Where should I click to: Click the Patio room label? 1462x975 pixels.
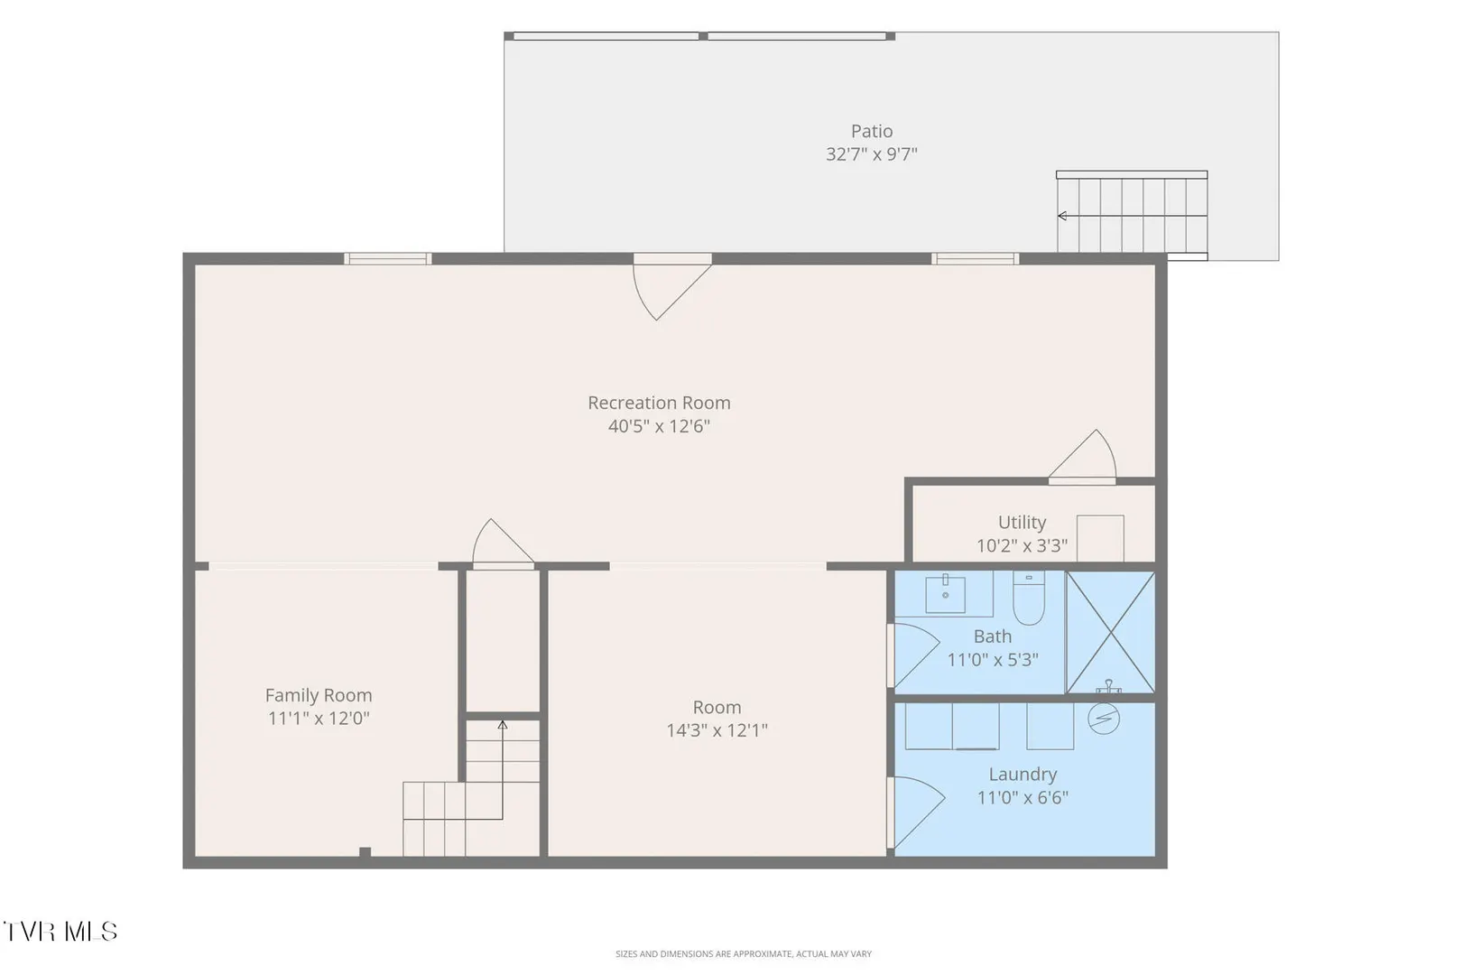[x=871, y=131]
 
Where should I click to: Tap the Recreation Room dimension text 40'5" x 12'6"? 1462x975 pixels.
[x=659, y=426]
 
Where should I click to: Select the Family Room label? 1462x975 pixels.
[x=319, y=695]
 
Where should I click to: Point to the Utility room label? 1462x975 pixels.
[x=1022, y=523]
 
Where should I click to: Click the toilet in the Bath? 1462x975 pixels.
[x=1029, y=598]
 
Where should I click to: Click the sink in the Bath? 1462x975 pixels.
[x=945, y=593]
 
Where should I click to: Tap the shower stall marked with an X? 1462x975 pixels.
[x=1110, y=632]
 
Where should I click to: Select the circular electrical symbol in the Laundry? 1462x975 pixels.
[x=1104, y=719]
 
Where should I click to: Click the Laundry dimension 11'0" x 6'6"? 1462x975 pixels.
[x=1022, y=797]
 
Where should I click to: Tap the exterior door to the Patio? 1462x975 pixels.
[x=671, y=288]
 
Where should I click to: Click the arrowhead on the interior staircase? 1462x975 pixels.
[x=503, y=725]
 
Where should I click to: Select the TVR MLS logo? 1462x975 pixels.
[x=60, y=932]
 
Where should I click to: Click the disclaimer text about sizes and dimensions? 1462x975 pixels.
[x=744, y=954]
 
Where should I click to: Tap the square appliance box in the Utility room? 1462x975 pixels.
[x=1100, y=539]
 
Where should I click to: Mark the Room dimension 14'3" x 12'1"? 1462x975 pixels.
[x=717, y=730]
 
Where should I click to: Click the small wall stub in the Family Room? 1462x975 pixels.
[x=365, y=852]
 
